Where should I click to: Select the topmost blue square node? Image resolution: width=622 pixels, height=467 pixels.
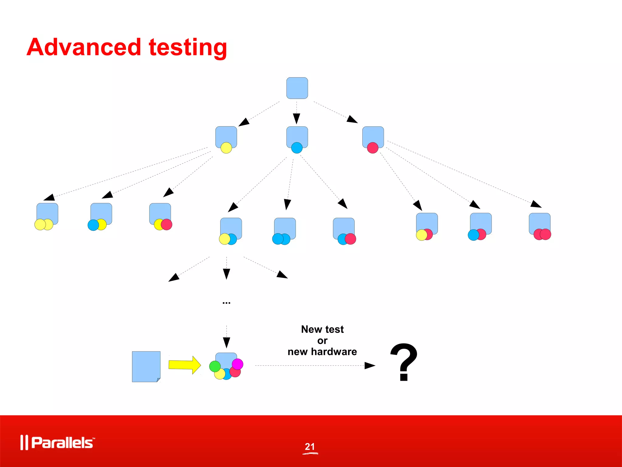tap(297, 88)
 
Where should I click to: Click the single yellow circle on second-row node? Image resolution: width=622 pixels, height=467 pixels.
tap(226, 148)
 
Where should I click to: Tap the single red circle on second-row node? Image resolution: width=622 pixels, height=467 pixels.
tap(373, 148)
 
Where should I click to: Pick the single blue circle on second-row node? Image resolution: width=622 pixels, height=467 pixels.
tap(297, 148)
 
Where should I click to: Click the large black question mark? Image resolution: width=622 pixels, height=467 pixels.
tap(404, 362)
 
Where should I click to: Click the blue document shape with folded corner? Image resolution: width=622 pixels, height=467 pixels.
tap(146, 366)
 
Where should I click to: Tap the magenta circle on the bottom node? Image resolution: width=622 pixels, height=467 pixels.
tap(238, 364)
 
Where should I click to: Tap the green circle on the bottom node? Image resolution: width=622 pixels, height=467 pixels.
tap(215, 366)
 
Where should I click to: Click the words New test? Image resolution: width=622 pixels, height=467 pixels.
tap(322, 329)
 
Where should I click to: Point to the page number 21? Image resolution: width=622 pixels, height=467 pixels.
tap(310, 446)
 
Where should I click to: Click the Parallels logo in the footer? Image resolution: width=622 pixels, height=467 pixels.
tap(58, 442)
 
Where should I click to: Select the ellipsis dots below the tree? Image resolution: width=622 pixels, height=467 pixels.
tap(226, 303)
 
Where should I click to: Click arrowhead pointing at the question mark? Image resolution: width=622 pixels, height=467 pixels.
tap(370, 365)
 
